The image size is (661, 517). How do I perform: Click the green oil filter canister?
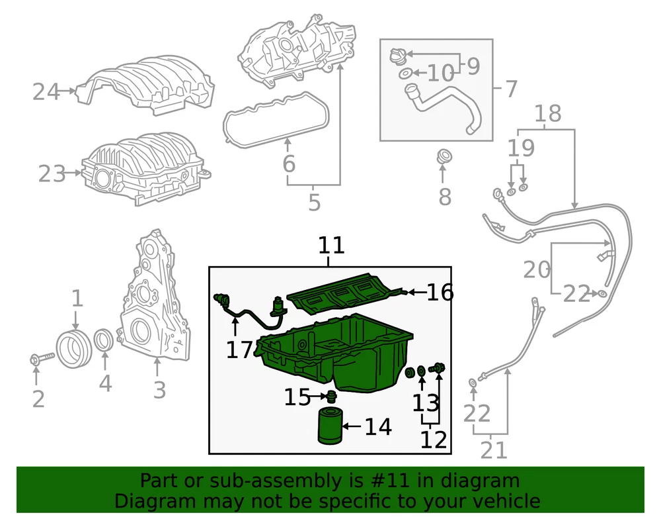point(330,426)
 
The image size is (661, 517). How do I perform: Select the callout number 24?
point(46,91)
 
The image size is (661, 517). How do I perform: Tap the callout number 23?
point(52,173)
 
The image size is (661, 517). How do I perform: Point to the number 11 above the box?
point(331,245)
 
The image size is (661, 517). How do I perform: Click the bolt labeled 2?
point(42,359)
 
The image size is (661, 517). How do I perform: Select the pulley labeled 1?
point(74,350)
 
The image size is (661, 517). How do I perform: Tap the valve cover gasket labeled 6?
point(276,120)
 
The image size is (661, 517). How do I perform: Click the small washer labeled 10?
point(405,74)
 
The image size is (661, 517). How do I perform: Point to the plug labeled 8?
point(443,156)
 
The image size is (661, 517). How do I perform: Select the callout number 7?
point(510,89)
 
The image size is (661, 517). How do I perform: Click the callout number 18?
point(547,113)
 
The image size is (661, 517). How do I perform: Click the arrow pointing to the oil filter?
point(352,426)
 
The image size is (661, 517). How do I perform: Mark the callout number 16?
point(440,292)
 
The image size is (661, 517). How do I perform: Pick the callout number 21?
point(494,450)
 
